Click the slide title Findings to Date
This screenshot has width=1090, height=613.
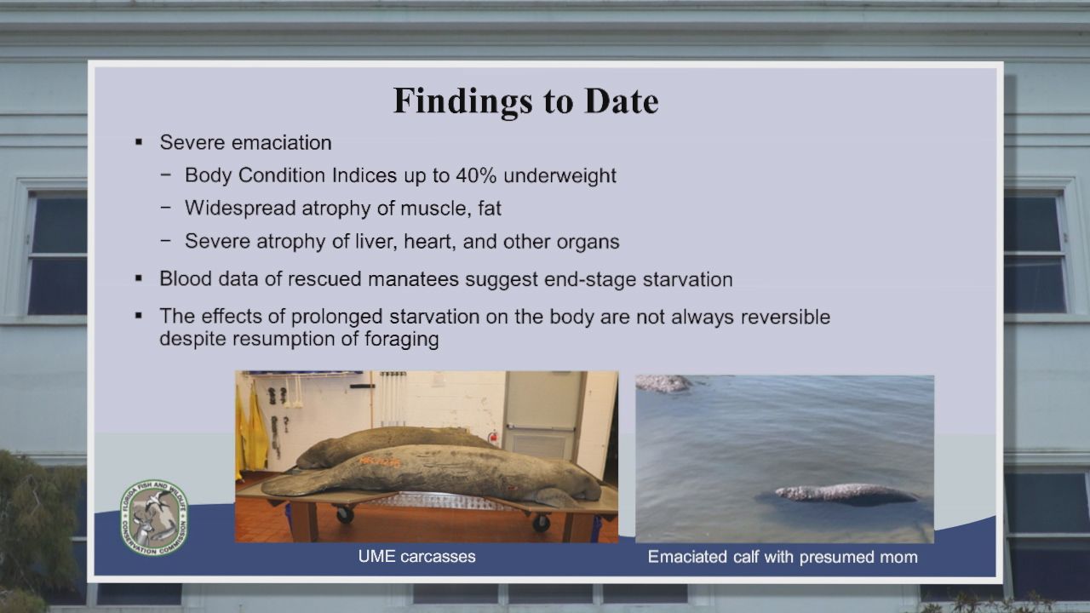click(525, 101)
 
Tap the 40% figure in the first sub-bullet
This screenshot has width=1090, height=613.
click(476, 175)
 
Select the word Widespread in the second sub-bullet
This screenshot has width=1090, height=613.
click(240, 209)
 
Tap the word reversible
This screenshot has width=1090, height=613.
click(785, 317)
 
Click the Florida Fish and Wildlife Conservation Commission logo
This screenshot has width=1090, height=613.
click(154, 518)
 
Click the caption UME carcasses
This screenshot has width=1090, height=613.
click(416, 557)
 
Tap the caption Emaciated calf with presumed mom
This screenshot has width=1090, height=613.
click(783, 557)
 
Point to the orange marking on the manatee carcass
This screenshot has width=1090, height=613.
click(380, 461)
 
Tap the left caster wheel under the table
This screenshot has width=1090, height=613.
click(344, 514)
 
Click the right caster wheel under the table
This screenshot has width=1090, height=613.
click(541, 523)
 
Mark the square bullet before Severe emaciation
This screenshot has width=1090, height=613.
click(139, 142)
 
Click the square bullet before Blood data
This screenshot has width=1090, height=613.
click(139, 278)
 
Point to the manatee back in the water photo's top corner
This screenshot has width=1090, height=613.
click(663, 383)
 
